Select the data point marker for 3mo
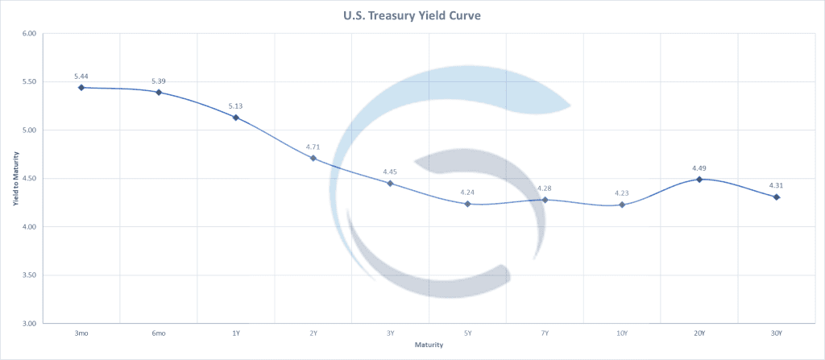pyautogui.click(x=81, y=87)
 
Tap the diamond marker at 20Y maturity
pyautogui.click(x=699, y=179)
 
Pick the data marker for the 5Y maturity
pyautogui.click(x=467, y=204)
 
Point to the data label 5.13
pyautogui.click(x=236, y=106)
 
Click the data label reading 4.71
pyautogui.click(x=313, y=147)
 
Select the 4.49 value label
pyautogui.click(x=699, y=168)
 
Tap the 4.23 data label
pyautogui.click(x=622, y=192)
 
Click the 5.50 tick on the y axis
pyautogui.click(x=30, y=82)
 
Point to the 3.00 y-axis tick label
pyautogui.click(x=30, y=324)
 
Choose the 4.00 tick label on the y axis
pyautogui.click(x=30, y=227)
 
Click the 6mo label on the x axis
pyautogui.click(x=159, y=333)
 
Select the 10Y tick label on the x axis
pyautogui.click(x=622, y=333)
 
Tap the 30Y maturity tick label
pyautogui.click(x=777, y=333)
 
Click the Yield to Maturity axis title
pyautogui.click(x=15, y=178)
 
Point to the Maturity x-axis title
pyautogui.click(x=428, y=345)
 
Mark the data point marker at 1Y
pyautogui.click(x=236, y=118)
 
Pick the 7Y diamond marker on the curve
pyautogui.click(x=545, y=200)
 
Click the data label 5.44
pyautogui.click(x=81, y=76)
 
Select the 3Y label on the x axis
pyautogui.click(x=390, y=333)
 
